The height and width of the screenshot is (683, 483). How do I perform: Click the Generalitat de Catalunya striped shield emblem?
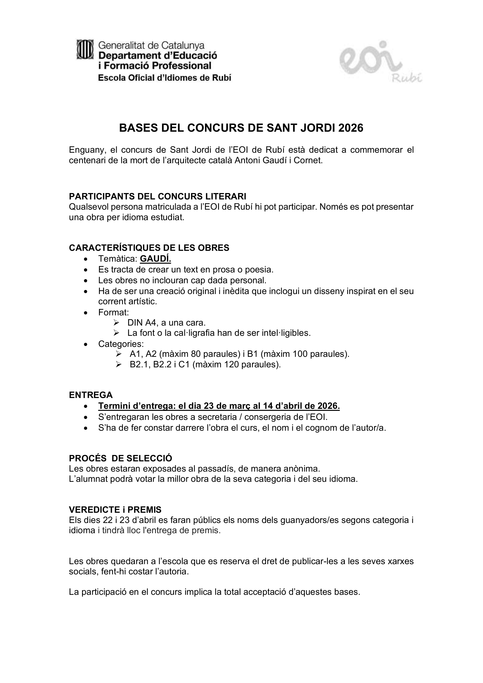[x=85, y=49]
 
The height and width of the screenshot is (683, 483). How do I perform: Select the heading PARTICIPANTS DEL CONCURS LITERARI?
[x=157, y=196]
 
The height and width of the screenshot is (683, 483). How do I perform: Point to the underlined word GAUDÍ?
[x=155, y=259]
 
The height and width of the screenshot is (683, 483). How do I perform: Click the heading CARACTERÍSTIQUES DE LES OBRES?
[x=149, y=248]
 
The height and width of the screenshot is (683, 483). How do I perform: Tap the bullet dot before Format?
[x=86, y=313]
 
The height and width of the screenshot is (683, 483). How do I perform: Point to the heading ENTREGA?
[x=91, y=395]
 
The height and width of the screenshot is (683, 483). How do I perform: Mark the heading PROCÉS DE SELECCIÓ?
[x=120, y=458]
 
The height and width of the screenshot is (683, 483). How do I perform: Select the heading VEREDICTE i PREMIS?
[x=115, y=510]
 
